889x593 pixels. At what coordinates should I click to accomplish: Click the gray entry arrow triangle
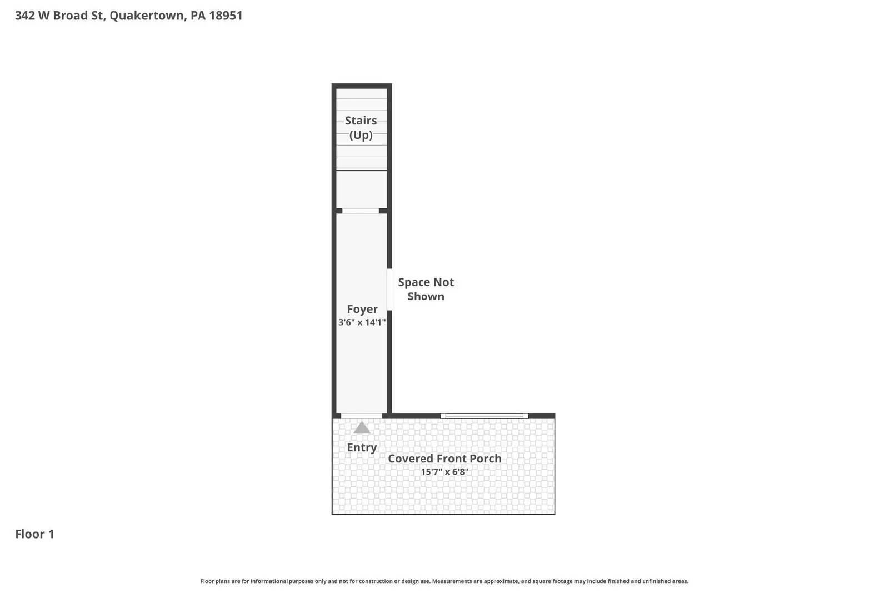362,428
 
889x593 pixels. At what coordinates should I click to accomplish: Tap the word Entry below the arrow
362,447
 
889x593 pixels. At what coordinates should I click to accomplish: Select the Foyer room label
362,309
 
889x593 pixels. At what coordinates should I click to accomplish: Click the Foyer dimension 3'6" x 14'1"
362,322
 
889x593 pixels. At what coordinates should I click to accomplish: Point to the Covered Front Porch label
444,459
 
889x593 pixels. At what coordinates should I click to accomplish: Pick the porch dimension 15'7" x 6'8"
444,472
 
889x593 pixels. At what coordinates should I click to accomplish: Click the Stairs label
361,121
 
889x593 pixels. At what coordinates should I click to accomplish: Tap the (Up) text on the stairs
361,135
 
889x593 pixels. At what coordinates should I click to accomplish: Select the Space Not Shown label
426,289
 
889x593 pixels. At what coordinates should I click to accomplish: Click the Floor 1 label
34,534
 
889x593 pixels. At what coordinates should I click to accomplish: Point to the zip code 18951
226,16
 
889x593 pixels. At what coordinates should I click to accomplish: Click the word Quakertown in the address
147,16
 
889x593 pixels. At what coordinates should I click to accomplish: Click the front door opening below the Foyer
361,416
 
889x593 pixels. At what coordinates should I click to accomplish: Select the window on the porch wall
485,416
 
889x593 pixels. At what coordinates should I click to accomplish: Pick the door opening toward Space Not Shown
389,290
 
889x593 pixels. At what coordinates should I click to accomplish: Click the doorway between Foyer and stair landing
360,211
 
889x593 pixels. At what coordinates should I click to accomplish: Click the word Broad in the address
71,16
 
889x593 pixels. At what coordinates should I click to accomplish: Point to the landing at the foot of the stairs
361,190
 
